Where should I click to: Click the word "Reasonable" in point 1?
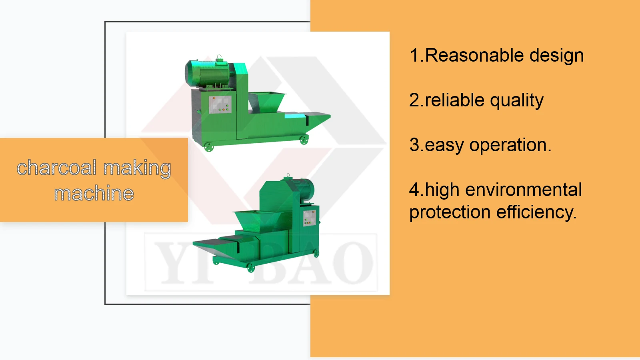(474, 55)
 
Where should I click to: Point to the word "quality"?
(517, 101)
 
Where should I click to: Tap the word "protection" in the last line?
(450, 212)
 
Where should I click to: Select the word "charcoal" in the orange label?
(56, 168)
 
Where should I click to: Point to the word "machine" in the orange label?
(94, 194)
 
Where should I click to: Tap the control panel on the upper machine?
(220, 104)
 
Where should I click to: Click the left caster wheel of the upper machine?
(209, 147)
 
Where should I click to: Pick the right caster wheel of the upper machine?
(304, 140)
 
